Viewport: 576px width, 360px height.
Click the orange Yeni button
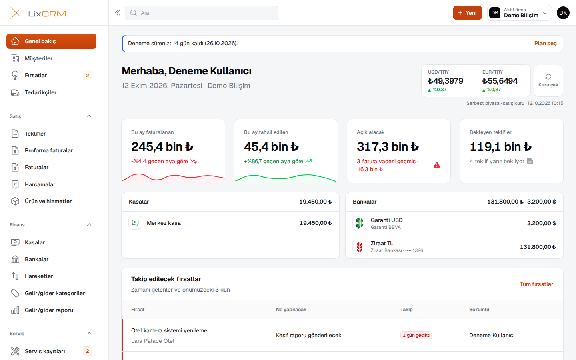click(467, 13)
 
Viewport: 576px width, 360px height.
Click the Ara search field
click(201, 13)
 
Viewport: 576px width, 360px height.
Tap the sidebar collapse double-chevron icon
click(118, 13)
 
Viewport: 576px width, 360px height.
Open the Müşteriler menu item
click(38, 58)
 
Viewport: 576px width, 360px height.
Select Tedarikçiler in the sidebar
click(40, 92)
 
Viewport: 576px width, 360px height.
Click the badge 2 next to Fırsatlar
click(88, 75)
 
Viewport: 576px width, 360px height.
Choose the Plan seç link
click(546, 43)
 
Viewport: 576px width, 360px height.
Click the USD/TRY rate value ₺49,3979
click(445, 81)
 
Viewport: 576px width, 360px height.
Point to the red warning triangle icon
click(437, 165)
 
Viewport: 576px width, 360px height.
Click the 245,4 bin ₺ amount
click(162, 146)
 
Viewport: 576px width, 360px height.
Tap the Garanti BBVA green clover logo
click(359, 223)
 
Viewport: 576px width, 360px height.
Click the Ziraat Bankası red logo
click(359, 246)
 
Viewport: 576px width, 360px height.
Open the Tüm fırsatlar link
click(536, 284)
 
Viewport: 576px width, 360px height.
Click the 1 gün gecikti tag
click(416, 335)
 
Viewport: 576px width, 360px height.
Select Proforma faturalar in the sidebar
click(49, 150)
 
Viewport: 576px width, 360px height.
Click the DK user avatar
click(563, 13)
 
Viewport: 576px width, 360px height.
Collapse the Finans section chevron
click(89, 225)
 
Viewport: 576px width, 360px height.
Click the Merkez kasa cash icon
click(135, 223)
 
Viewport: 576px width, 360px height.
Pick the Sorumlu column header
click(479, 310)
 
